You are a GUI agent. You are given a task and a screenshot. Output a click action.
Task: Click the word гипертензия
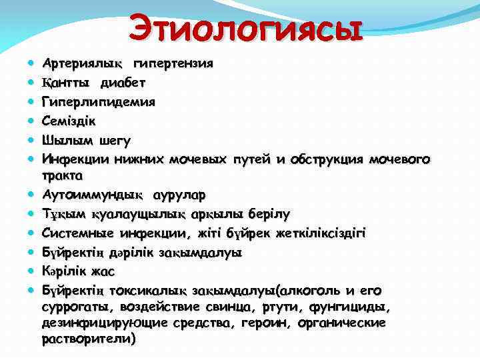click(x=173, y=64)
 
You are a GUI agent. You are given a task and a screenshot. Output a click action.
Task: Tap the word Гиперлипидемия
click(x=99, y=103)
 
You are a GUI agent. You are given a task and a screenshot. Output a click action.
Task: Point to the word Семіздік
click(x=70, y=121)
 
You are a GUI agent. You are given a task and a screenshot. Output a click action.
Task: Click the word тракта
click(x=62, y=176)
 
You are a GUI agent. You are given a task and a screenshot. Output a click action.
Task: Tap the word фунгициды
click(x=359, y=307)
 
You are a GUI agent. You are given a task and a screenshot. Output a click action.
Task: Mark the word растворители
click(x=88, y=339)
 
